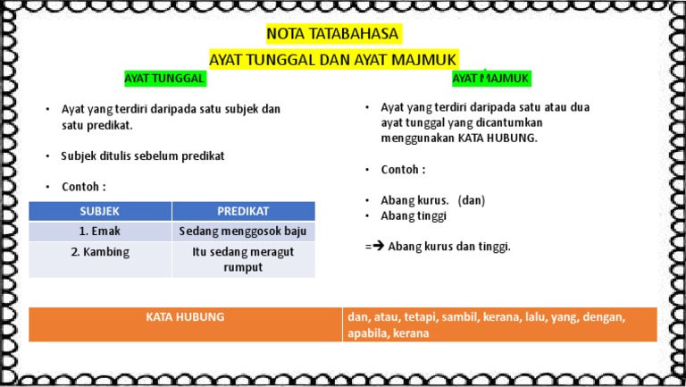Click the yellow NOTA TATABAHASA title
[333, 35]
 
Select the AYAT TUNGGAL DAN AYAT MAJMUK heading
[333, 59]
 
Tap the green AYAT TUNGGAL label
[165, 79]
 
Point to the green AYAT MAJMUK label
[491, 79]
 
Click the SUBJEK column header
[99, 211]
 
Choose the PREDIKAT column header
[243, 211]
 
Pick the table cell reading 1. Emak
[99, 231]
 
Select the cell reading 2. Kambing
[99, 252]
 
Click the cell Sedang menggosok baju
[243, 231]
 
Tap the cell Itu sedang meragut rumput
[243, 259]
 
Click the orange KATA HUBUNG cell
[185, 316]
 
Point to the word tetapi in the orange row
[421, 317]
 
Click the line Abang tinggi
[414, 215]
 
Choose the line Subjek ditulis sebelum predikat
[142, 156]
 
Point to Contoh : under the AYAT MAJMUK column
[403, 170]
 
